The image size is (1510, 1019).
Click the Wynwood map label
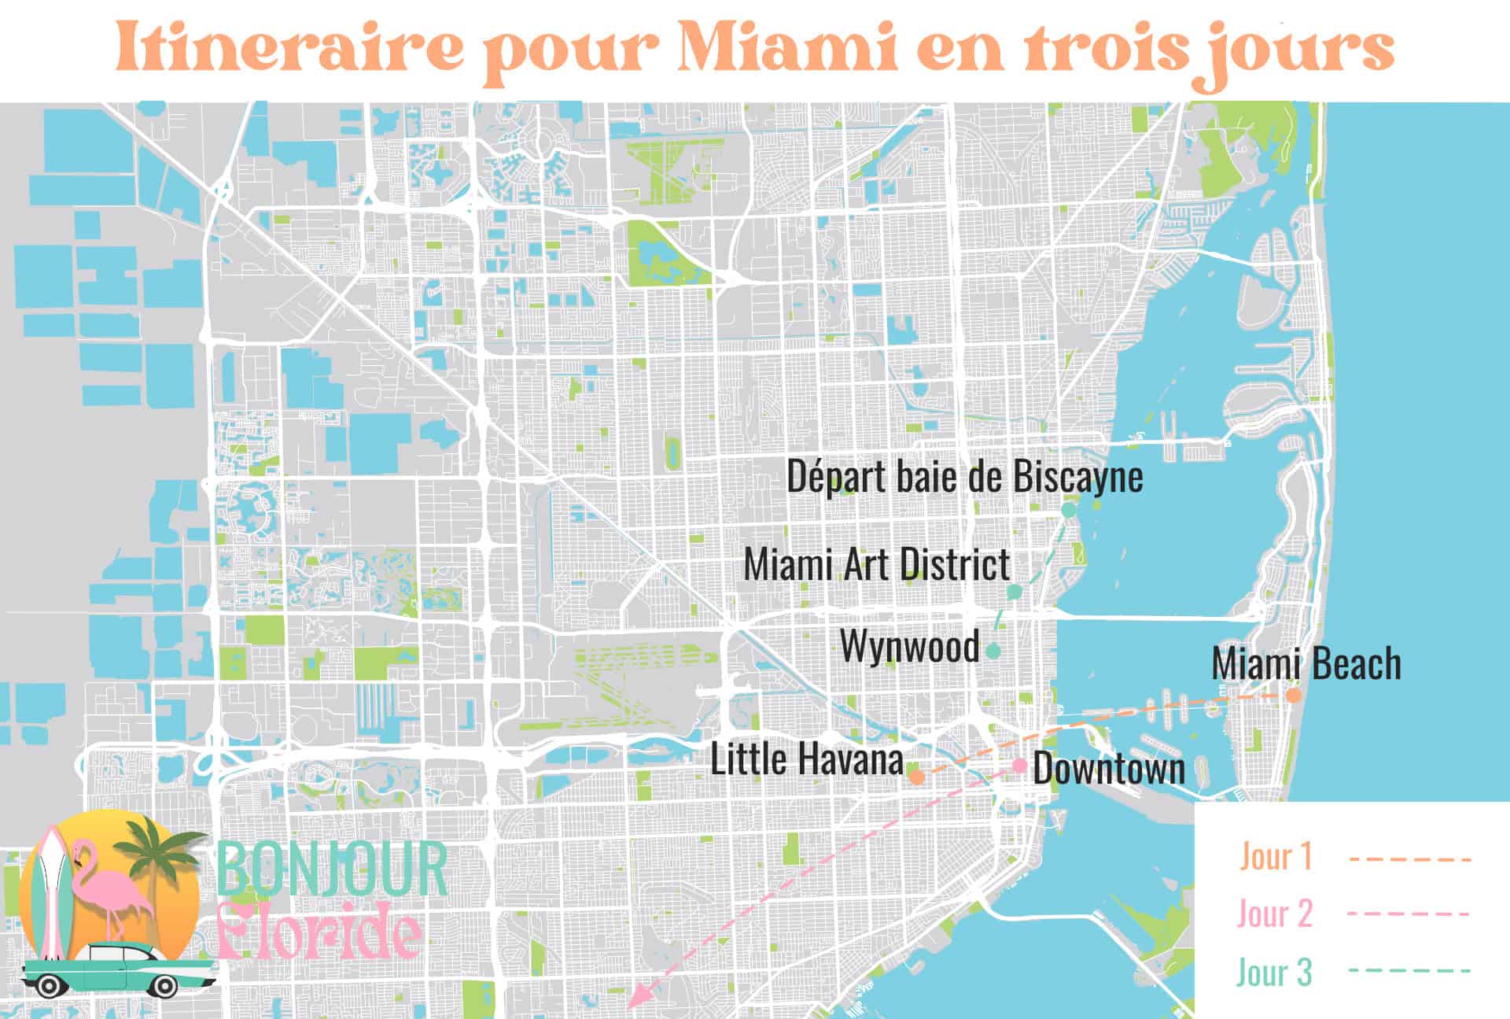[x=910, y=647]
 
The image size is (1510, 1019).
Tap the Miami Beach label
[x=1306, y=663]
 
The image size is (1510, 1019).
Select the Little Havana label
[x=806, y=759]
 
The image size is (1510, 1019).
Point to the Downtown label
[x=1108, y=769]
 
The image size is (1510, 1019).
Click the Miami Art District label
[x=876, y=564]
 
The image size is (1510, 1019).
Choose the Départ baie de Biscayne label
[x=965, y=477]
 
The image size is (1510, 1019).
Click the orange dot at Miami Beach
[x=1293, y=696]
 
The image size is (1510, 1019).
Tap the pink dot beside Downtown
[x=1020, y=765]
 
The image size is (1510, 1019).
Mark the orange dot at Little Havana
[x=916, y=777]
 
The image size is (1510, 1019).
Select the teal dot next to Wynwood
[x=993, y=651]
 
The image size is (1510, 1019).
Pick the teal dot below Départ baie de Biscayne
[x=1069, y=510]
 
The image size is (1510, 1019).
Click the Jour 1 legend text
[x=1276, y=856]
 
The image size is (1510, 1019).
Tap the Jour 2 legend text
[x=1275, y=914]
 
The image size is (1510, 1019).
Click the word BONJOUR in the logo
[x=331, y=869]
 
